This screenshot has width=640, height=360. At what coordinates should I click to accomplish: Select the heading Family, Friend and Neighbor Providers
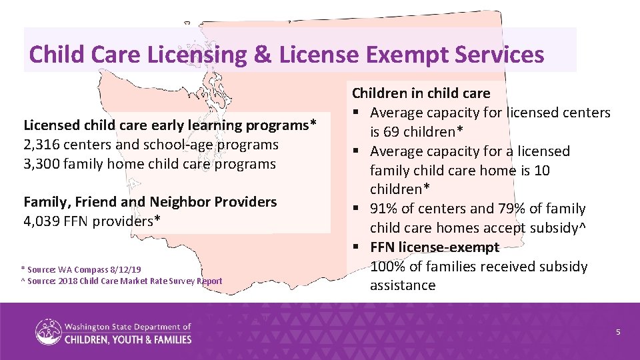click(x=150, y=201)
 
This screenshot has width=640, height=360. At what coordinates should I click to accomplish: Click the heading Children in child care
click(x=421, y=93)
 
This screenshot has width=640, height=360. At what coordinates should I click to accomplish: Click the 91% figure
click(x=385, y=209)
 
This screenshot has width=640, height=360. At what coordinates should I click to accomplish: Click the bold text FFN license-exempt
click(x=435, y=247)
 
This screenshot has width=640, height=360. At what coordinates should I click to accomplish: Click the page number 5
click(x=618, y=331)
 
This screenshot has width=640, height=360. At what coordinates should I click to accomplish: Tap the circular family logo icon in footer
click(x=48, y=332)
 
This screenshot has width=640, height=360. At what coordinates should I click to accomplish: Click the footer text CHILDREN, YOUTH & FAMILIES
click(x=128, y=339)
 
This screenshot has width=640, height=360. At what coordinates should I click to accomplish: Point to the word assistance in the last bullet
click(x=403, y=285)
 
